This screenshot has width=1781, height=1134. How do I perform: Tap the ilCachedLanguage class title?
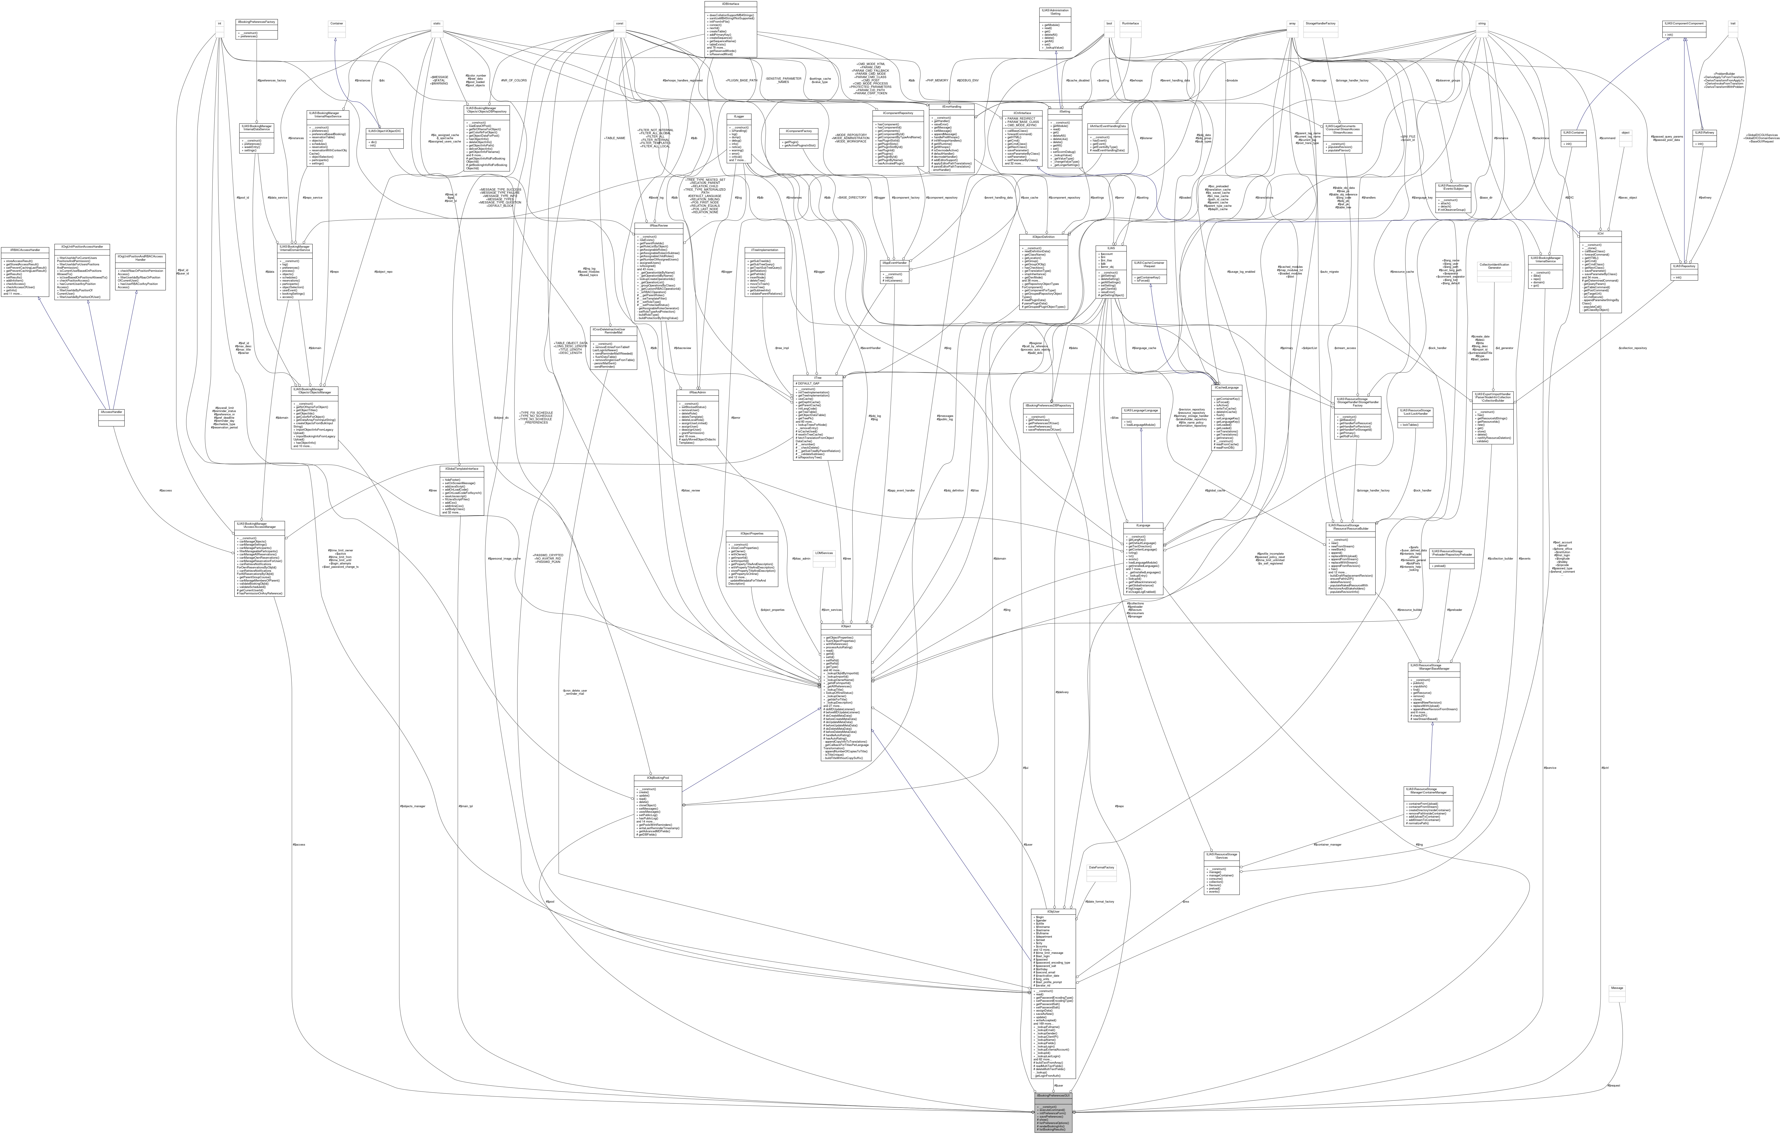pyautogui.click(x=1226, y=387)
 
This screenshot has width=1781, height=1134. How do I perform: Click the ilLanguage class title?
pyautogui.click(x=1143, y=525)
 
